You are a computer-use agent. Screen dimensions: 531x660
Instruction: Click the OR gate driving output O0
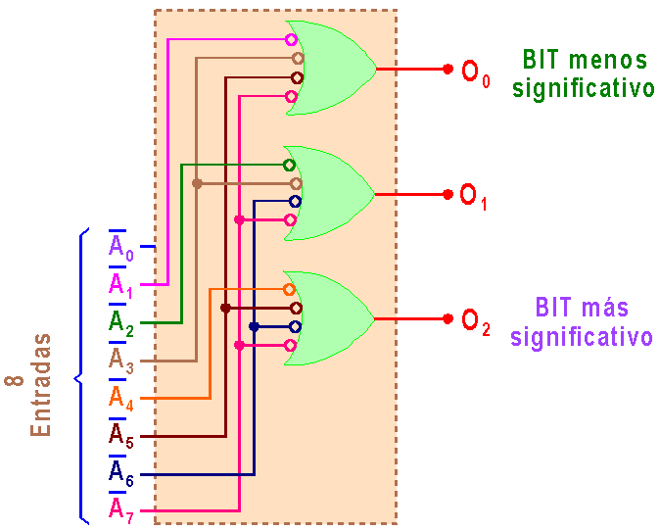pos(333,68)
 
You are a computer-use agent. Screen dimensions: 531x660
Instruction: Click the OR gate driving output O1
pos(333,193)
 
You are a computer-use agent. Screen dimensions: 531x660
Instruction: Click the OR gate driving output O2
pos(333,317)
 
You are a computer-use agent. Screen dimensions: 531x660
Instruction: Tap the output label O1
pos(473,195)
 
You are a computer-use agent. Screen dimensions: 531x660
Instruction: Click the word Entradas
pos(40,388)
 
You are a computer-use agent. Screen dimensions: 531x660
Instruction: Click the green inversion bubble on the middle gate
pos(289,165)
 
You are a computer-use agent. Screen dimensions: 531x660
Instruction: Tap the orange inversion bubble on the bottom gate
pos(289,289)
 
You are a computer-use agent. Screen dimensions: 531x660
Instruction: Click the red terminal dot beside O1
pos(448,194)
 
